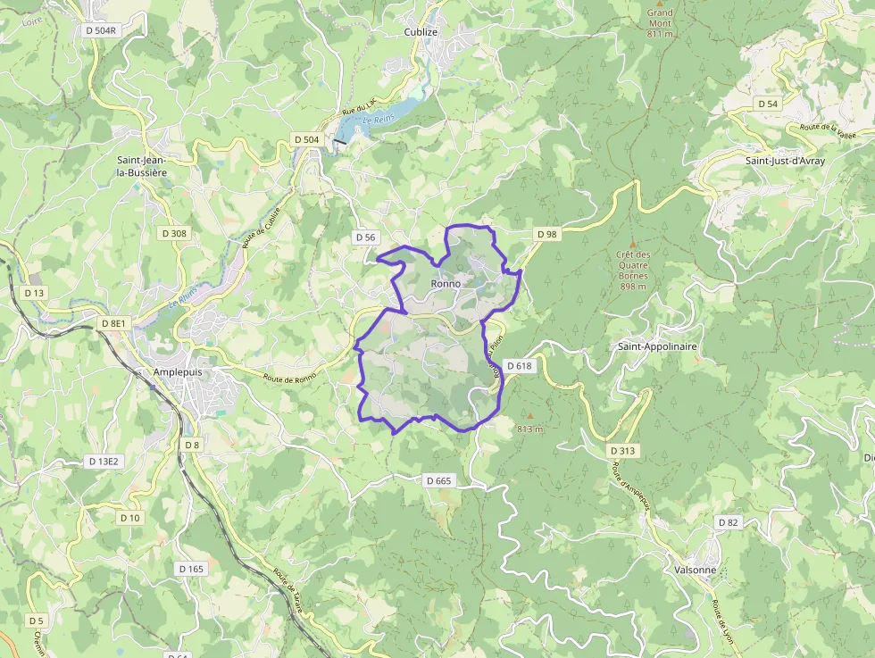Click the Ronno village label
click(x=446, y=284)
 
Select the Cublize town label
click(x=421, y=31)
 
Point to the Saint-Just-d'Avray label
click(x=785, y=161)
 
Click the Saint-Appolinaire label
click(x=657, y=346)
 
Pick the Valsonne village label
click(x=696, y=570)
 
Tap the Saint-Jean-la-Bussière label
click(x=143, y=167)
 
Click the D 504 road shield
click(x=306, y=139)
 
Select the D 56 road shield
click(x=365, y=237)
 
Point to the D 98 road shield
click(x=546, y=234)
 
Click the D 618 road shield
click(x=519, y=365)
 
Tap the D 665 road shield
click(x=439, y=480)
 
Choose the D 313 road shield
click(x=622, y=451)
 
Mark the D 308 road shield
click(x=174, y=233)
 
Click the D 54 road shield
click(x=768, y=104)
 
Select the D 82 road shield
click(x=729, y=522)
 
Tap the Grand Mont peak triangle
click(x=661, y=3)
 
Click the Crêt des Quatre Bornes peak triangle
click(x=633, y=244)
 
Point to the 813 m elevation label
click(x=530, y=429)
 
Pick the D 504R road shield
click(x=102, y=29)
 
